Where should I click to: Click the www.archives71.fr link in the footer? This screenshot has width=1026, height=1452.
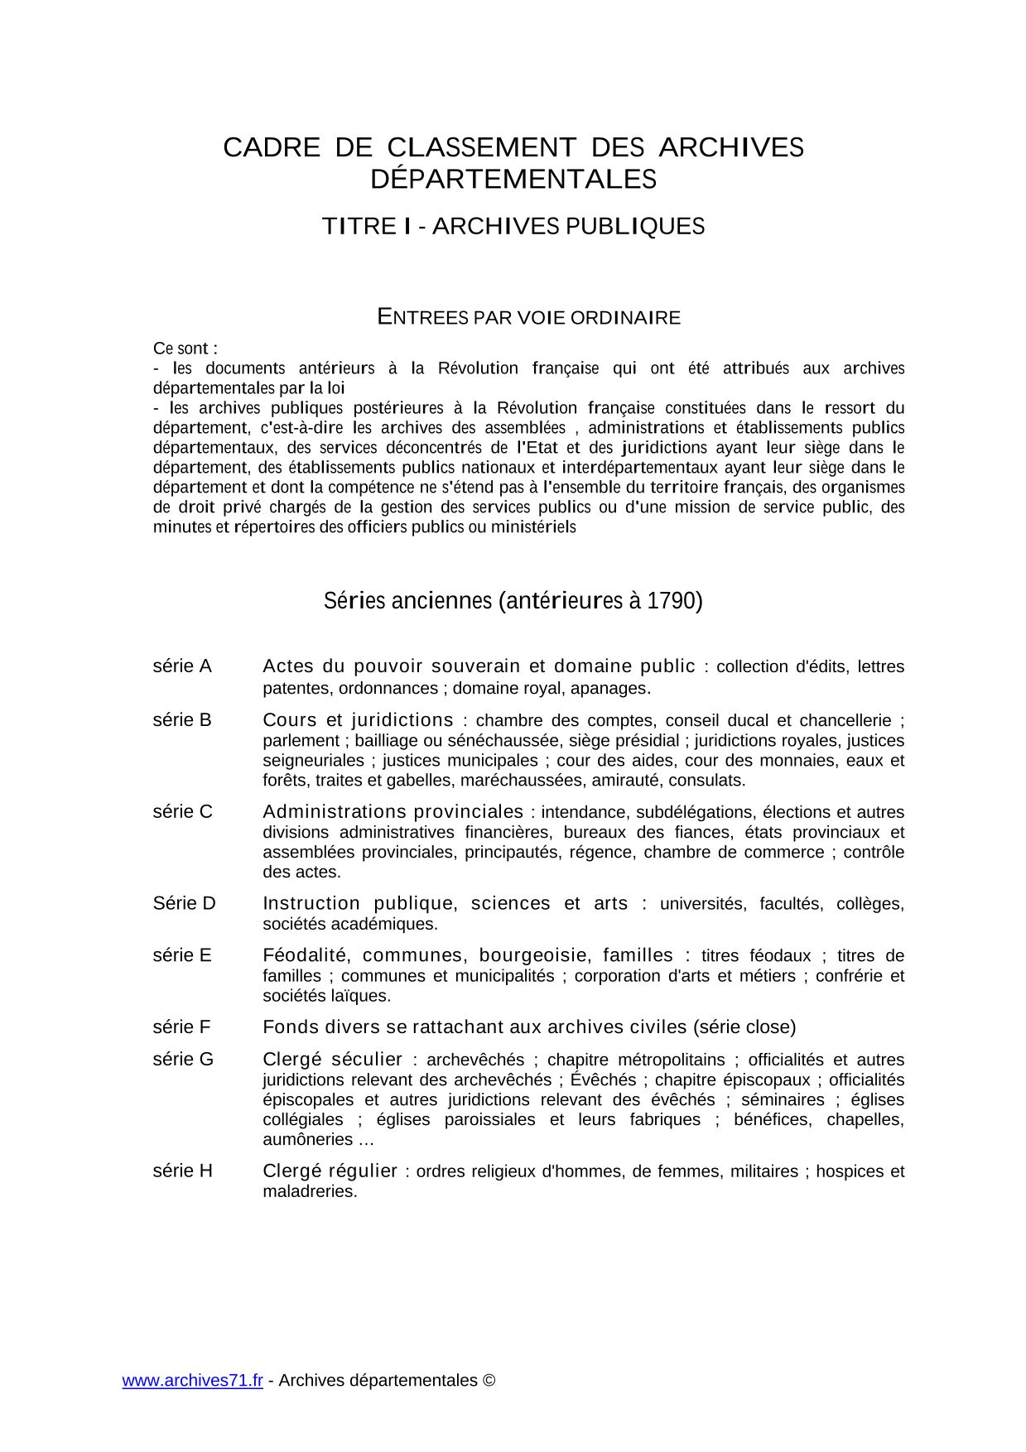tap(192, 1380)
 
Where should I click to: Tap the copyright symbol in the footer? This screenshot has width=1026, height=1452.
tap(489, 1380)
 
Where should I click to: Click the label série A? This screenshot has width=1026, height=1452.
tap(182, 666)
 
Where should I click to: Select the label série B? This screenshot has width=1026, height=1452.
tap(182, 719)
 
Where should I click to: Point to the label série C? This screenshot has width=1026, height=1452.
tap(182, 811)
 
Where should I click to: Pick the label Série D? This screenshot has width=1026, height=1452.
tap(184, 903)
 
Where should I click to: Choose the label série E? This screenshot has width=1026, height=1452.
tap(182, 955)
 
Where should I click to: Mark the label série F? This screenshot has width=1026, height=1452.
tap(182, 1026)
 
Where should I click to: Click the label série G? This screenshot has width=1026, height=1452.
tap(183, 1059)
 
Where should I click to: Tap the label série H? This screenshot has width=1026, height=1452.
tap(183, 1171)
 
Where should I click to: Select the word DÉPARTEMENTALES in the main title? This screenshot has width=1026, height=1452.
tap(513, 179)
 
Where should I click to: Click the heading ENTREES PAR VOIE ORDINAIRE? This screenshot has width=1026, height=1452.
tap(529, 317)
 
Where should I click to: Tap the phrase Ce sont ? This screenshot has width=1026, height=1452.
tap(185, 348)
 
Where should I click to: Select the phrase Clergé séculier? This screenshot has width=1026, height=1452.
tap(332, 1059)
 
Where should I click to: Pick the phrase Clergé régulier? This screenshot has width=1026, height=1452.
tap(330, 1171)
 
